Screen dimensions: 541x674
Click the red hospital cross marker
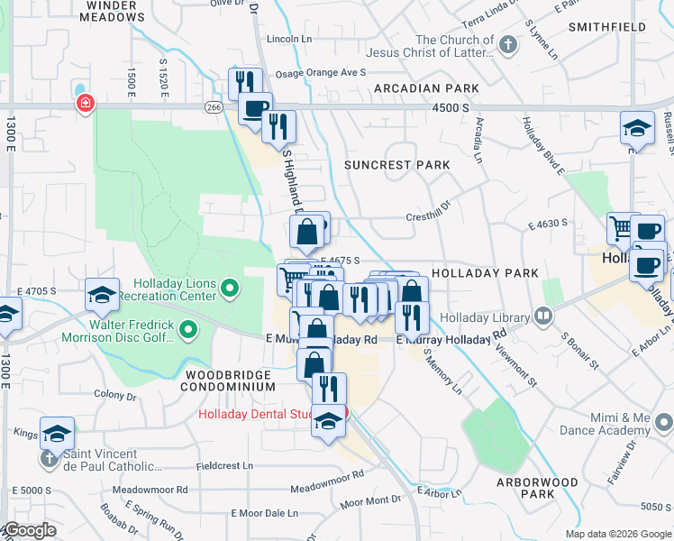pyautogui.click(x=86, y=104)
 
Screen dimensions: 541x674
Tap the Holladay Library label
pyautogui.click(x=493, y=316)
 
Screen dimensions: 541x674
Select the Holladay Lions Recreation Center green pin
pyautogui.click(x=231, y=289)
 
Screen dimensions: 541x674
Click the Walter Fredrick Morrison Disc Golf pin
pyautogui.click(x=188, y=331)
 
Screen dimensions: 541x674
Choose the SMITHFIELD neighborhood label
pyautogui.click(x=607, y=27)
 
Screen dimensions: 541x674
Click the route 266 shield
pyautogui.click(x=214, y=106)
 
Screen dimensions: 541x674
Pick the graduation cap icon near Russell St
pyautogui.click(x=637, y=129)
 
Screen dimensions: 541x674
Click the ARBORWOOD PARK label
pyautogui.click(x=537, y=488)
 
